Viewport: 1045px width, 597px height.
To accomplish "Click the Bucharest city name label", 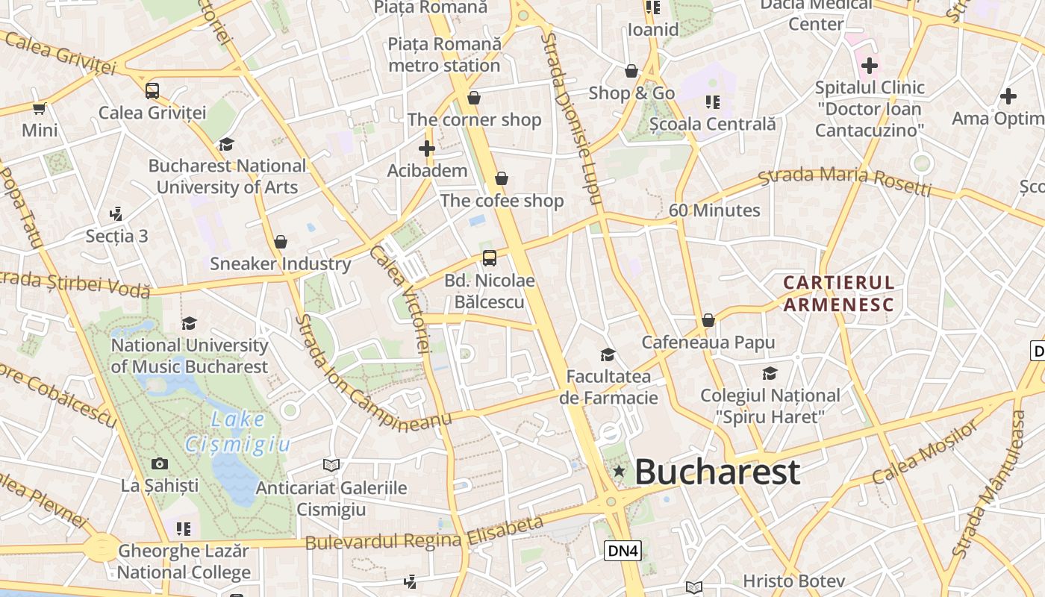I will tap(717, 472).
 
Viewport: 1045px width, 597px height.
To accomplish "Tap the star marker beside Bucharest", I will tap(619, 471).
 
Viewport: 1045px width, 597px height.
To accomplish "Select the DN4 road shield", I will tap(623, 551).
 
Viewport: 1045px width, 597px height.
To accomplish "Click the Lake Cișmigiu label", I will tap(237, 432).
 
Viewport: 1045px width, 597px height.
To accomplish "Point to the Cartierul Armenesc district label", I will tap(838, 293).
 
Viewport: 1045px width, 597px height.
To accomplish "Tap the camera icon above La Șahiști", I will tap(160, 464).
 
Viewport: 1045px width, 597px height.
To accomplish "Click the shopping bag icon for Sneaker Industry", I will tap(281, 242).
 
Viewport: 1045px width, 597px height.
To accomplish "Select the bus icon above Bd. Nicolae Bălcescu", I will tap(490, 258).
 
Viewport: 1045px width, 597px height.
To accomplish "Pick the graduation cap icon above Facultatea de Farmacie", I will tap(608, 354).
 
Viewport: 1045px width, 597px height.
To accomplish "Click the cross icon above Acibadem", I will tap(427, 149).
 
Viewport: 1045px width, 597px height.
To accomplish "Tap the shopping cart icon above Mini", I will tap(39, 109).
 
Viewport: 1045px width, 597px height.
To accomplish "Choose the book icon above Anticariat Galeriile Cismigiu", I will tap(331, 466).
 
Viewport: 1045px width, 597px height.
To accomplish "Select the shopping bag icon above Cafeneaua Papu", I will tap(708, 320).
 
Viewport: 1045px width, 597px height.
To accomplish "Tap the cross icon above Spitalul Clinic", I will tap(870, 66).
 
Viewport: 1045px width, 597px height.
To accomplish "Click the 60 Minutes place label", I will tap(714, 210).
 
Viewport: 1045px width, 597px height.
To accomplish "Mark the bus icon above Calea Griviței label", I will tap(152, 91).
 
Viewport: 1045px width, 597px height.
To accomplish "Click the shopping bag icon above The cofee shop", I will tap(502, 178).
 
